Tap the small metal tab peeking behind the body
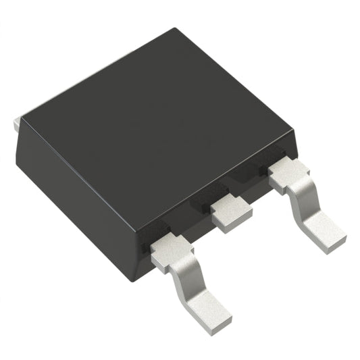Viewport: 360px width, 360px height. [x=15, y=125]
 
